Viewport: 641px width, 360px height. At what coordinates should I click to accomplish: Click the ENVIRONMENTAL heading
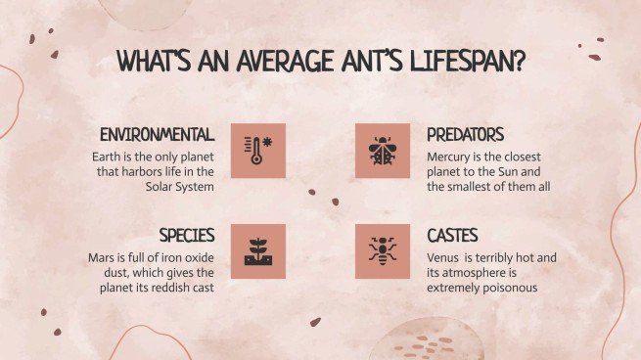click(x=157, y=134)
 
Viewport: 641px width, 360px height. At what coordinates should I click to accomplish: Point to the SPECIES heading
click(x=187, y=236)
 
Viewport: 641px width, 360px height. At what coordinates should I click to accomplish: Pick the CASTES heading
click(x=452, y=236)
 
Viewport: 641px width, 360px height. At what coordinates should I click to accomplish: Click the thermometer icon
click(x=258, y=151)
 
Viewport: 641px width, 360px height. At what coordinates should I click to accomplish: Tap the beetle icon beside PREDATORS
click(x=382, y=151)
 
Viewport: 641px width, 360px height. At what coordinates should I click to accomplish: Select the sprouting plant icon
click(x=258, y=251)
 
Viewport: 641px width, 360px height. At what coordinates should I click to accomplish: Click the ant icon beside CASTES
click(x=382, y=251)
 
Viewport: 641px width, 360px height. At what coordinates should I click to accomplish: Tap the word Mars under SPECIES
click(x=104, y=258)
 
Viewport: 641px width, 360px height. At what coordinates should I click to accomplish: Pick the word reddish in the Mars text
click(x=171, y=289)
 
